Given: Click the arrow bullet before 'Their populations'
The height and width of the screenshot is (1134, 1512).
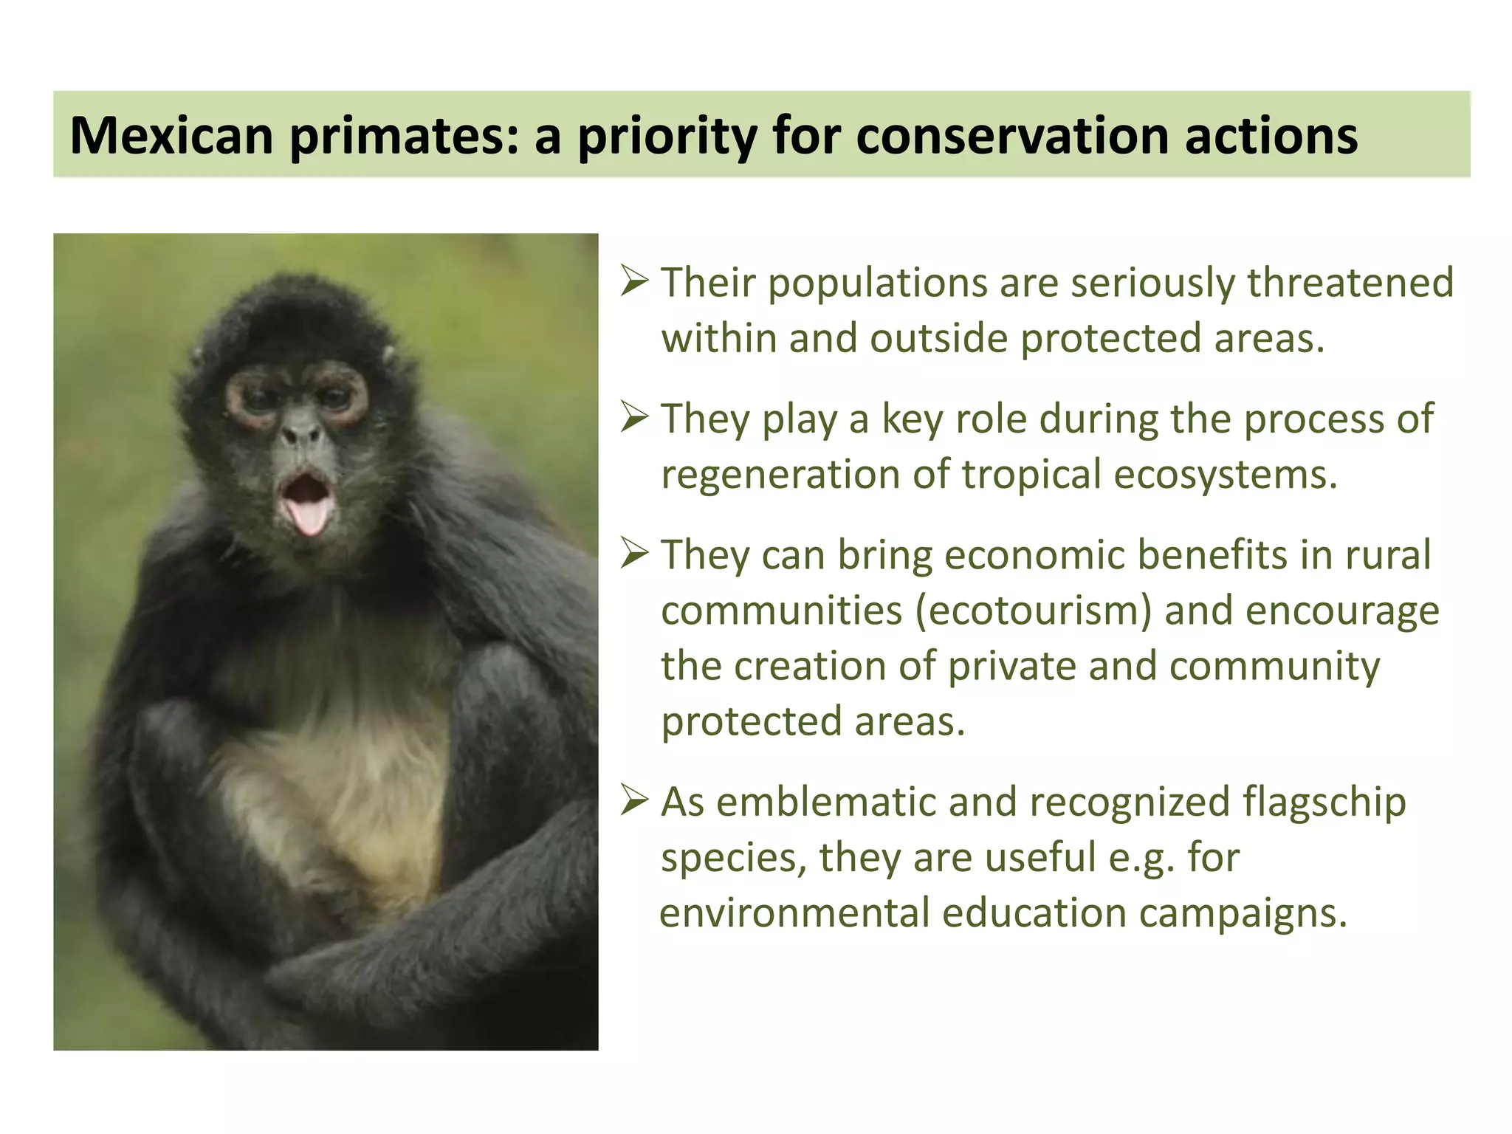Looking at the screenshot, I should coord(634,282).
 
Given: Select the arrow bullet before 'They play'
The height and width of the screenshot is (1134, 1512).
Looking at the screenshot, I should coord(634,418).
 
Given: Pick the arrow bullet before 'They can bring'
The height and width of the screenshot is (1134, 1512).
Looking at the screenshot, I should coord(634,554).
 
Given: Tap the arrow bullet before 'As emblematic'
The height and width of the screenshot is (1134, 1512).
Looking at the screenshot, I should coord(634,801).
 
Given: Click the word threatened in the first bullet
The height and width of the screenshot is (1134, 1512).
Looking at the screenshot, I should coord(1350,282).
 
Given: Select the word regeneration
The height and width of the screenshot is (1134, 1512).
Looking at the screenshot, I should coord(780,474).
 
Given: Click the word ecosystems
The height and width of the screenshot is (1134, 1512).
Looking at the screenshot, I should coord(1225,474).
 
